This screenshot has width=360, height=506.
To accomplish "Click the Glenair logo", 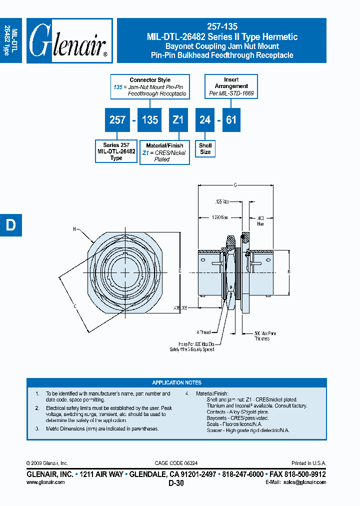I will (x=69, y=41).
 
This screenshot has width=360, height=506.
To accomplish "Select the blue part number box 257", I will (x=117, y=120).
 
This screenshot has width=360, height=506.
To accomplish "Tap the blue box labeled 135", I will (x=149, y=120).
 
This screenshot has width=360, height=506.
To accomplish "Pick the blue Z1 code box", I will (x=178, y=120).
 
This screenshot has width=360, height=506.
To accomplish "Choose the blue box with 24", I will (x=205, y=120).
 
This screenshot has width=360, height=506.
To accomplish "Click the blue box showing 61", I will (x=231, y=120).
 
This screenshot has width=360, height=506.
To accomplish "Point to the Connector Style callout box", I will (x=150, y=87).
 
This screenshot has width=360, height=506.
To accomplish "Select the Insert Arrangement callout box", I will (x=231, y=87).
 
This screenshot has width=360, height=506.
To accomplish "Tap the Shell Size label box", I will (x=205, y=148).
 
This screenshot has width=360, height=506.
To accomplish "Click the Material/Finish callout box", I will (x=164, y=152).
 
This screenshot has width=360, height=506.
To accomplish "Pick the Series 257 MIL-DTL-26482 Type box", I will (x=116, y=151).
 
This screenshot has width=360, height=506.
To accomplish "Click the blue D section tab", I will (x=10, y=225).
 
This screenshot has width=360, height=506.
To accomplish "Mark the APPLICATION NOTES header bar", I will (x=176, y=382).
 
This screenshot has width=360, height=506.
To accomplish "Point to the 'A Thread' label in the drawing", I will (x=203, y=332).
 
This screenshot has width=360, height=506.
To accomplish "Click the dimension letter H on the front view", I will (x=75, y=229).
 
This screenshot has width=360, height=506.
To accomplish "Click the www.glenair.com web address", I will (x=45, y=482).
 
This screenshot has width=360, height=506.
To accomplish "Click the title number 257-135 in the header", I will (x=222, y=27).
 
